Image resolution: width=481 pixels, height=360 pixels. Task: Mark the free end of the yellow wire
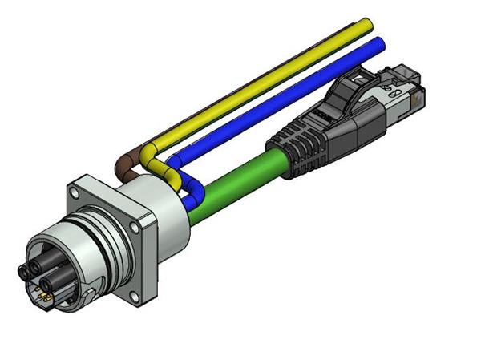pyautogui.click(x=366, y=22)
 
